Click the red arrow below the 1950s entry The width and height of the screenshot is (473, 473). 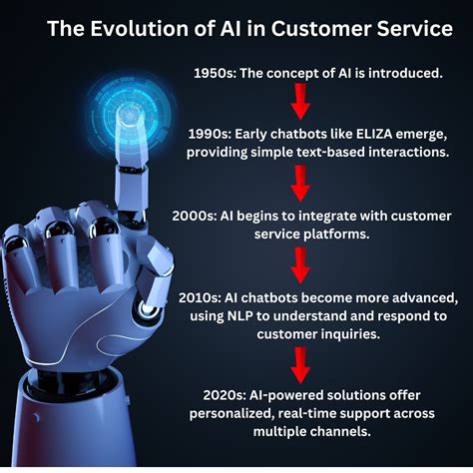coord(297,100)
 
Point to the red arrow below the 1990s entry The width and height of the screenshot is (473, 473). coord(297,183)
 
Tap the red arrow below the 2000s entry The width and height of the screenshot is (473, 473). coord(297,264)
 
